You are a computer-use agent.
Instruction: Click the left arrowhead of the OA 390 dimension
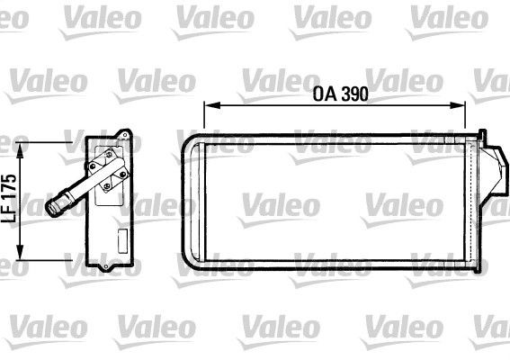point(208,105)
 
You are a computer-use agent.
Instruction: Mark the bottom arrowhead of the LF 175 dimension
point(17,255)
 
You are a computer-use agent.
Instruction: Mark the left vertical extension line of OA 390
point(205,117)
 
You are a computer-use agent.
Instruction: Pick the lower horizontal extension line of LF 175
point(45,259)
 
